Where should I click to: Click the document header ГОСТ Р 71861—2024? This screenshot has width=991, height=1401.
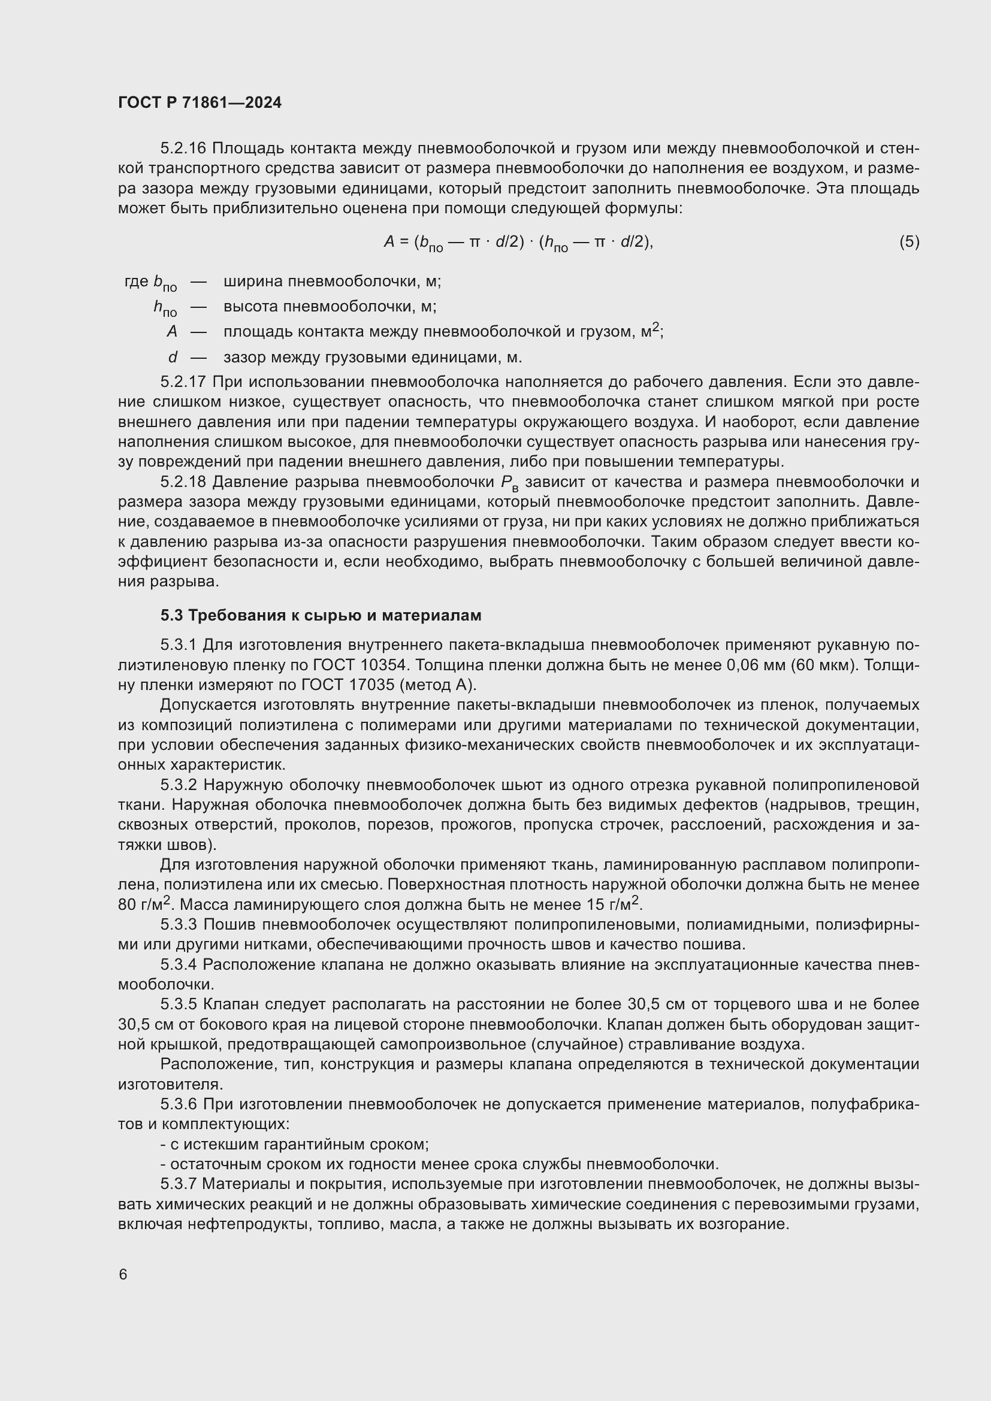coord(200,102)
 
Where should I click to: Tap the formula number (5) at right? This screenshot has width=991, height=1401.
coord(909,241)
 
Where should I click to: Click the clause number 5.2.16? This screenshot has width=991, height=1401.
coord(183,149)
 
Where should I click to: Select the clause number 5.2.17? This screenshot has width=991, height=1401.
coord(183,382)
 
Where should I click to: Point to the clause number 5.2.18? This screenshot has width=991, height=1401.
coord(183,482)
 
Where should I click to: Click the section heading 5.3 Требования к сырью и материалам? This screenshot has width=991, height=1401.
coord(321,615)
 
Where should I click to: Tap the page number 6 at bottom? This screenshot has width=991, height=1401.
coord(123,1274)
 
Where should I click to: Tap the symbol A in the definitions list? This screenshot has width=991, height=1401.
coord(171,331)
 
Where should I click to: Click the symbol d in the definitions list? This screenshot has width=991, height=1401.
coord(173,357)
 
